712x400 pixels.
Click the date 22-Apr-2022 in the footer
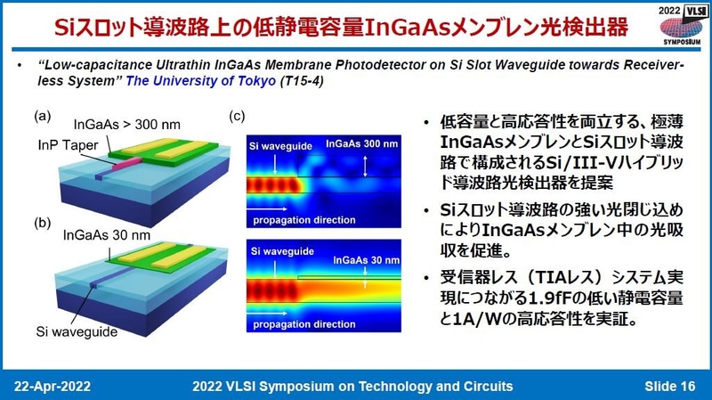tap(52, 386)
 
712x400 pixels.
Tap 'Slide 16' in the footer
tap(670, 386)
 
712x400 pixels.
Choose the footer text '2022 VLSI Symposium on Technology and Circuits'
tap(352, 386)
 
